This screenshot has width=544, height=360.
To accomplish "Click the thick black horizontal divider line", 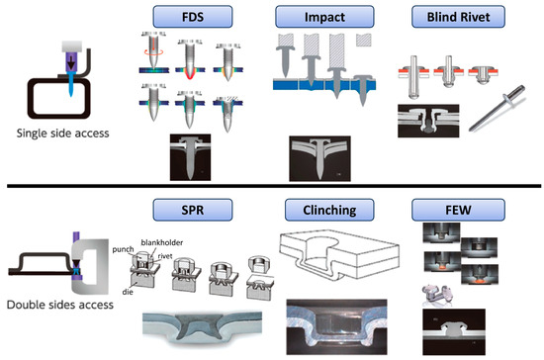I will click(x=272, y=186).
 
